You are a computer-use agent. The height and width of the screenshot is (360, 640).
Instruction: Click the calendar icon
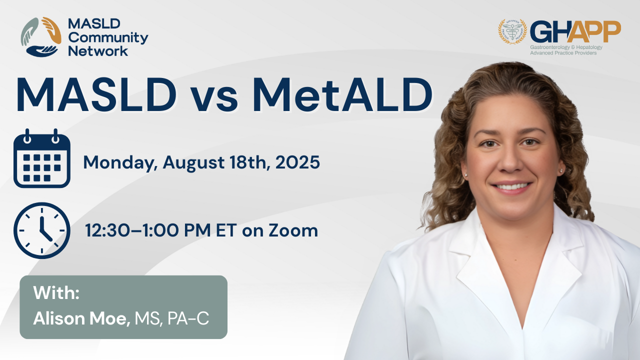point(41,158)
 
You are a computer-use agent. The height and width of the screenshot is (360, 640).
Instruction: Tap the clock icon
point(41,230)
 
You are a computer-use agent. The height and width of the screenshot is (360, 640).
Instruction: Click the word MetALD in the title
point(342,95)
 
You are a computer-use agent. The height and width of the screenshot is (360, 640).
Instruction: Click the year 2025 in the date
point(297,162)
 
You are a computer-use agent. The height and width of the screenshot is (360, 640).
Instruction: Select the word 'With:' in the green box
point(56,293)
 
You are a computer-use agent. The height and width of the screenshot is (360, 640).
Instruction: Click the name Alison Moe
point(81,318)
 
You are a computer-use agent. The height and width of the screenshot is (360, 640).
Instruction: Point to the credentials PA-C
point(188,318)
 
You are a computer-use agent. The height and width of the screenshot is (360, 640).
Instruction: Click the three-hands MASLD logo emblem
point(41,37)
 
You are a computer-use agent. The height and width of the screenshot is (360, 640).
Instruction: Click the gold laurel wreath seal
point(512,31)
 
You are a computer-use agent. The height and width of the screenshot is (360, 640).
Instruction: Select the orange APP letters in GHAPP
point(593,31)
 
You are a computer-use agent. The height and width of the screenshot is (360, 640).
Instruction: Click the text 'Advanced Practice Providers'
point(563,53)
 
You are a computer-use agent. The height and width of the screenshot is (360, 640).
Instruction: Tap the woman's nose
point(509,162)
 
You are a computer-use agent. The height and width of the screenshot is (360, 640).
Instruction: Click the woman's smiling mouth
point(511,187)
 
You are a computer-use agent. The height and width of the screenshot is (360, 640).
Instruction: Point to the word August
point(193,163)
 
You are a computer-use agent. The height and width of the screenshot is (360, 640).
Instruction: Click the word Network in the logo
point(98,51)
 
